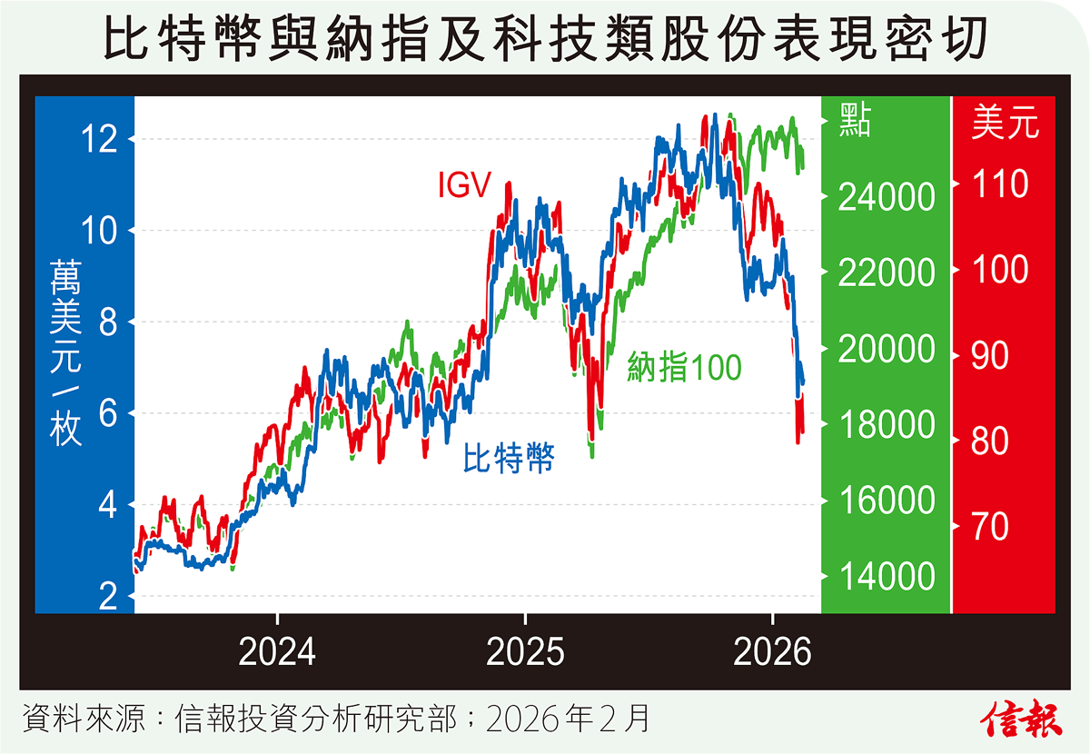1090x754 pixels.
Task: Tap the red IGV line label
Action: [464, 186]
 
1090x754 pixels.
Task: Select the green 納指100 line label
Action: [684, 367]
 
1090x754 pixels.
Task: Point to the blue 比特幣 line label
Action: [509, 458]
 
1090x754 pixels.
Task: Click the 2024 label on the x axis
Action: [278, 652]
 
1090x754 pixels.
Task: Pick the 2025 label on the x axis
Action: [525, 652]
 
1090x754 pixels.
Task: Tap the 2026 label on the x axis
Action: [771, 652]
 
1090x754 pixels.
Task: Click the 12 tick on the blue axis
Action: [99, 140]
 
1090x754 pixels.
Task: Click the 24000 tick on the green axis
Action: [887, 197]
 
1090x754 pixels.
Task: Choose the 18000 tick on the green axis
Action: [887, 425]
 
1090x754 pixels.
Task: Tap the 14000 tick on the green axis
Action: [887, 577]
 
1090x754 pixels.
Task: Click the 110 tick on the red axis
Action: [1000, 185]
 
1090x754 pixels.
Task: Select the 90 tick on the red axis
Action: [989, 356]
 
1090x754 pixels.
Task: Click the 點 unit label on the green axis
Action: [856, 121]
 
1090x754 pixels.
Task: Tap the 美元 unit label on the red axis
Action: [1005, 123]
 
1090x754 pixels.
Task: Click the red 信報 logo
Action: [1022, 719]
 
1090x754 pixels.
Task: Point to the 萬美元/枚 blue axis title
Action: [66, 351]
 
